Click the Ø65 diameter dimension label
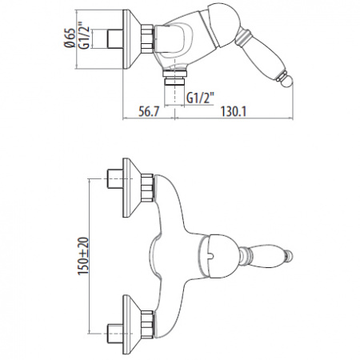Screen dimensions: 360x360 point(70,38)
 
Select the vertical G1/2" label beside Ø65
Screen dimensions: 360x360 point(84,38)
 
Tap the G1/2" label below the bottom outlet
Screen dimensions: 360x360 point(201,98)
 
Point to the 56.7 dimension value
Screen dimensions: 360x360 point(149,111)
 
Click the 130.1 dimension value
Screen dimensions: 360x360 point(234,111)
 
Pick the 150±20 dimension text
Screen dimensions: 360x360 point(83,256)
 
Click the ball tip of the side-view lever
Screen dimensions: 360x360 point(287,83)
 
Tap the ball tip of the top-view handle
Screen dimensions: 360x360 point(289,255)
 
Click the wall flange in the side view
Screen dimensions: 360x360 point(131,39)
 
